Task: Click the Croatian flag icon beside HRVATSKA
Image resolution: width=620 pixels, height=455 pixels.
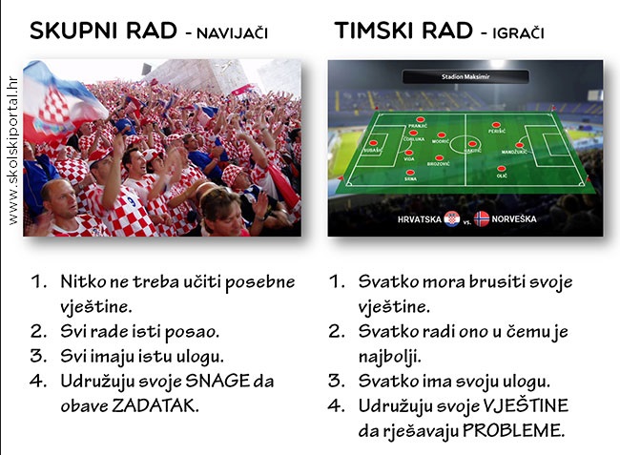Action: pyautogui.click(x=451, y=218)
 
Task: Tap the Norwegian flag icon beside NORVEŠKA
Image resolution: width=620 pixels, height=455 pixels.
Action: pyautogui.click(x=481, y=218)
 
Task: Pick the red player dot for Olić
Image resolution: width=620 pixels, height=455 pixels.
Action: pyautogui.click(x=502, y=168)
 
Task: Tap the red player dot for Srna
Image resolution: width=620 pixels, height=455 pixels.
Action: pyautogui.click(x=411, y=171)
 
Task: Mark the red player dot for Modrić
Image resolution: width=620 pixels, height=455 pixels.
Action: pyautogui.click(x=440, y=133)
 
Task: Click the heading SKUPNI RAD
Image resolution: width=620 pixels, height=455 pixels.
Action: pyautogui.click(x=100, y=31)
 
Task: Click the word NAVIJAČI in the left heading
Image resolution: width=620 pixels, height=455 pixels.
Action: pyautogui.click(x=226, y=33)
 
